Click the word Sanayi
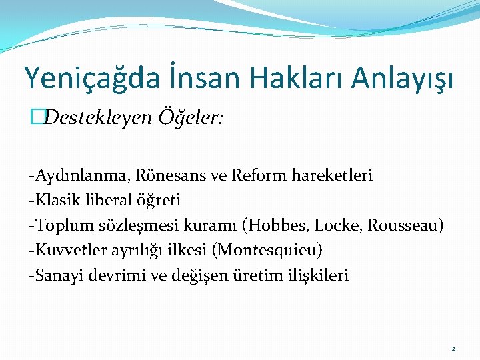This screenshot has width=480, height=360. (53, 275)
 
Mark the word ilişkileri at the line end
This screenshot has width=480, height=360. (315, 275)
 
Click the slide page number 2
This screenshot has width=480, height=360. (453, 349)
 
